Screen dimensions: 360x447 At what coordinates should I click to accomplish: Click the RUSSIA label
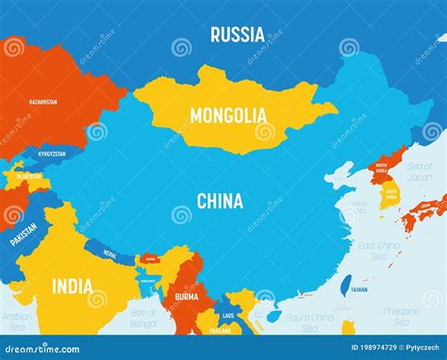[x=237, y=35]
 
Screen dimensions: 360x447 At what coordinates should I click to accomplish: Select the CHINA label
[x=220, y=201]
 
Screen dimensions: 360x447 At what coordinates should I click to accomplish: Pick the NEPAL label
[x=109, y=254]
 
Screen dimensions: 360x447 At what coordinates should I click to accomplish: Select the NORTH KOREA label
[x=381, y=170]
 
